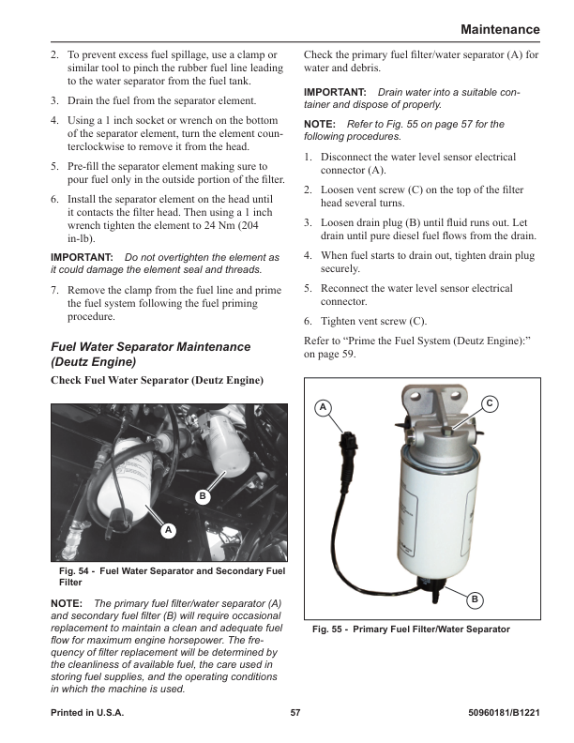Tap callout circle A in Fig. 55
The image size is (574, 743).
322,407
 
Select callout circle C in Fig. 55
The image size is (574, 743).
490,402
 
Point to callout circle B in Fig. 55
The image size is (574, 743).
475,599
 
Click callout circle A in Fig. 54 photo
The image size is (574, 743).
168,530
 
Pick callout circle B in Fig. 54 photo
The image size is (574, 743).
202,494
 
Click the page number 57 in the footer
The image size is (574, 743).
295,713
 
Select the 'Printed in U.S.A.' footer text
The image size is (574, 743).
87,713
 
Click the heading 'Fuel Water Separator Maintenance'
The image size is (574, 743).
150,346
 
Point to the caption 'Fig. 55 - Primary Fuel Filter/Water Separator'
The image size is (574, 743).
411,629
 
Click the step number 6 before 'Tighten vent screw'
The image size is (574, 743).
309,321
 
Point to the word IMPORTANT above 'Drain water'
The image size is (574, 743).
335,93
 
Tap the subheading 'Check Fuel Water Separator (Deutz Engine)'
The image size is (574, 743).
157,380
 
